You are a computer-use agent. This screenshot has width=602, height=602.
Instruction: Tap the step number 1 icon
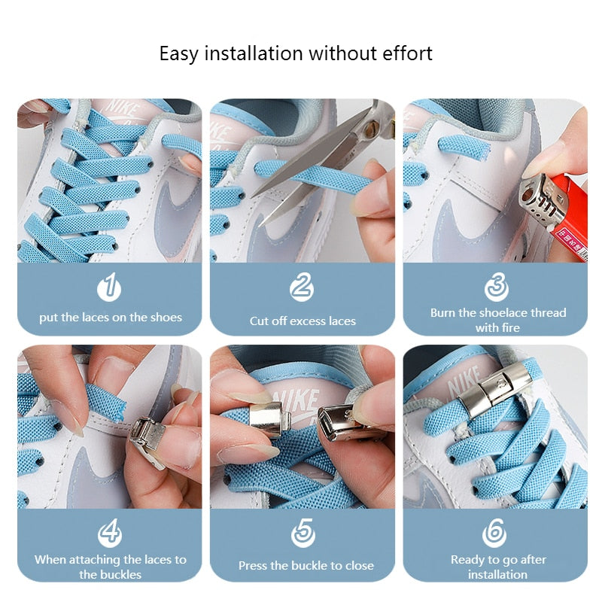109,287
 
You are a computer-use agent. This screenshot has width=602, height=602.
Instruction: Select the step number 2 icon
302,287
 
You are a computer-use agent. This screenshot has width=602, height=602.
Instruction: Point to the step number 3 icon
496,287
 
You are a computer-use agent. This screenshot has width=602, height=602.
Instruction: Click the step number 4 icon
109,533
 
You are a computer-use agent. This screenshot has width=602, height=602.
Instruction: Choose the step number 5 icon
303,533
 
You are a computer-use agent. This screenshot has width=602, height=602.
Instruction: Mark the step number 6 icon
494,533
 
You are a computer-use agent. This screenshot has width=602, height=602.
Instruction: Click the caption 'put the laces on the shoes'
111,318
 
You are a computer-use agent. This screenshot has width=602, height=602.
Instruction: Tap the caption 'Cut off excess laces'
303,321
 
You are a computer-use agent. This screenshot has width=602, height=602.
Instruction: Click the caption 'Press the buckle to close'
306,566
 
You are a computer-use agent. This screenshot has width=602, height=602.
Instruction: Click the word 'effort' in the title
405,53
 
